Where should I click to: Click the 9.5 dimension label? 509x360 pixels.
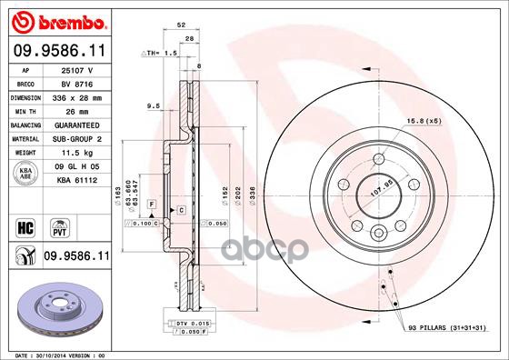(x=154, y=106)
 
